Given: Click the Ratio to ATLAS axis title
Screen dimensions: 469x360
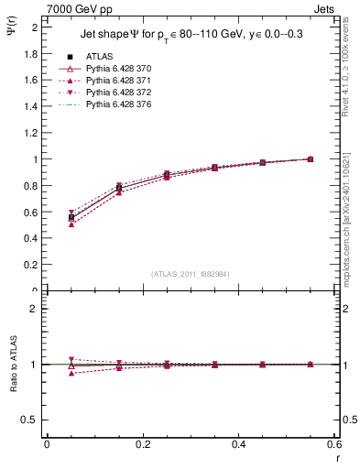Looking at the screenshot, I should point(14,364).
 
